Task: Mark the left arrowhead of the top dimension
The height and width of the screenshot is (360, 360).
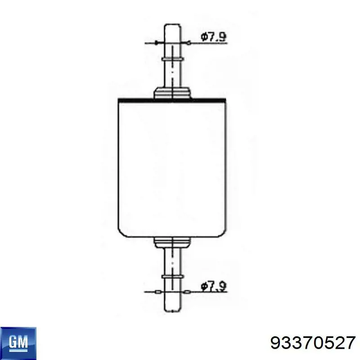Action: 156,43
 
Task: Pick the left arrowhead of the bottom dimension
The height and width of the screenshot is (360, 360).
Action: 156,292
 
